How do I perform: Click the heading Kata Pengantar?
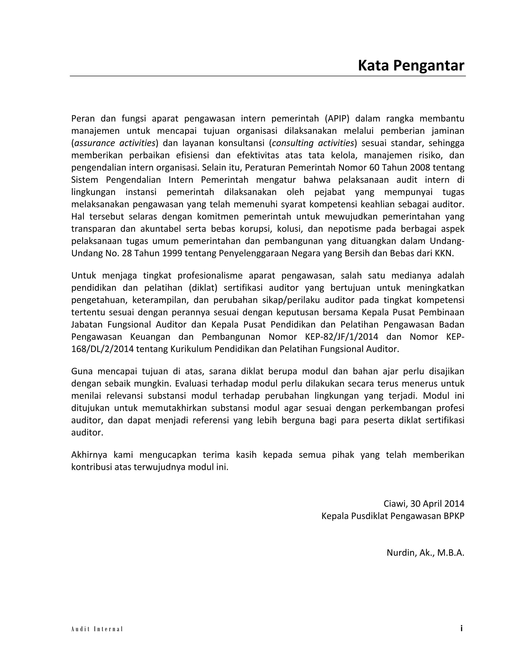[x=411, y=65]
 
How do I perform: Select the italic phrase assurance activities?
[x=115, y=143]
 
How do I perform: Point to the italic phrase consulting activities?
[x=313, y=143]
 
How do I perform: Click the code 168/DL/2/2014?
[x=102, y=349]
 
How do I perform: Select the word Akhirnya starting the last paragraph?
[x=89, y=455]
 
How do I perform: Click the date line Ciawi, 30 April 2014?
[x=424, y=503]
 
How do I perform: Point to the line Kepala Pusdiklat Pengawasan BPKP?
[x=392, y=516]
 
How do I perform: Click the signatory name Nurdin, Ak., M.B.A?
[x=425, y=553]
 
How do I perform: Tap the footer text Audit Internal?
[x=97, y=629]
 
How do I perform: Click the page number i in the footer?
[x=461, y=628]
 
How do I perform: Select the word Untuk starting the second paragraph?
[x=83, y=275]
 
